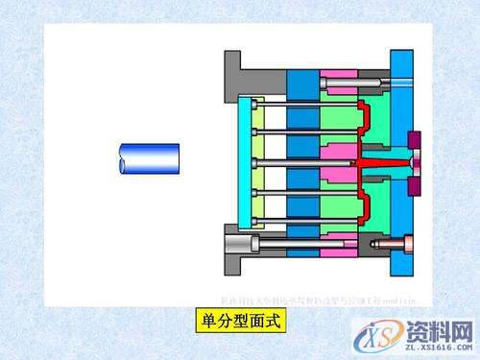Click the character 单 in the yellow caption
pos(204,319)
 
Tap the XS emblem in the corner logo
pos(377,331)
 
